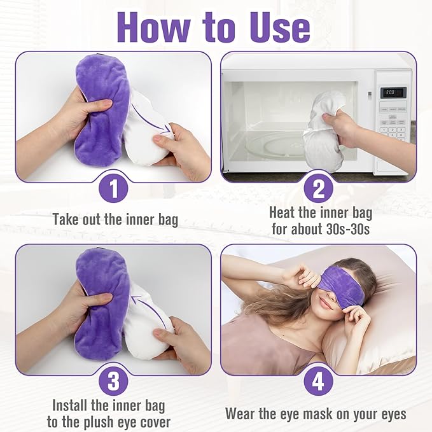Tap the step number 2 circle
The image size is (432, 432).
(319, 189)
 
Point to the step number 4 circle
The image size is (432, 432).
(319, 382)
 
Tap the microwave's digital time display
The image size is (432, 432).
(393, 92)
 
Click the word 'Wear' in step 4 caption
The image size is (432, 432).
(244, 414)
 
